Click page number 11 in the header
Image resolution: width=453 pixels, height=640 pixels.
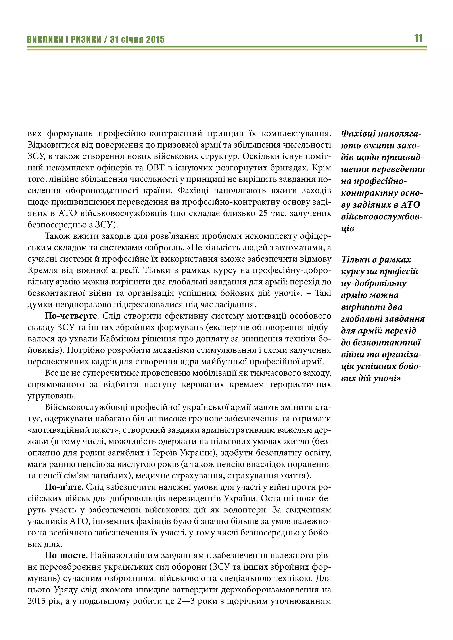click(418, 38)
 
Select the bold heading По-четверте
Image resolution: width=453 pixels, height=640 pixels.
click(71, 316)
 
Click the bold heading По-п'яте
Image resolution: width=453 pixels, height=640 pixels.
click(64, 487)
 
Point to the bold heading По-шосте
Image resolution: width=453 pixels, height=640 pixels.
click(66, 555)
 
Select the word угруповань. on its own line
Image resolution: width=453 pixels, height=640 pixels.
click(51, 396)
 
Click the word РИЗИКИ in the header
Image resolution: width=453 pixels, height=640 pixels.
click(86, 40)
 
